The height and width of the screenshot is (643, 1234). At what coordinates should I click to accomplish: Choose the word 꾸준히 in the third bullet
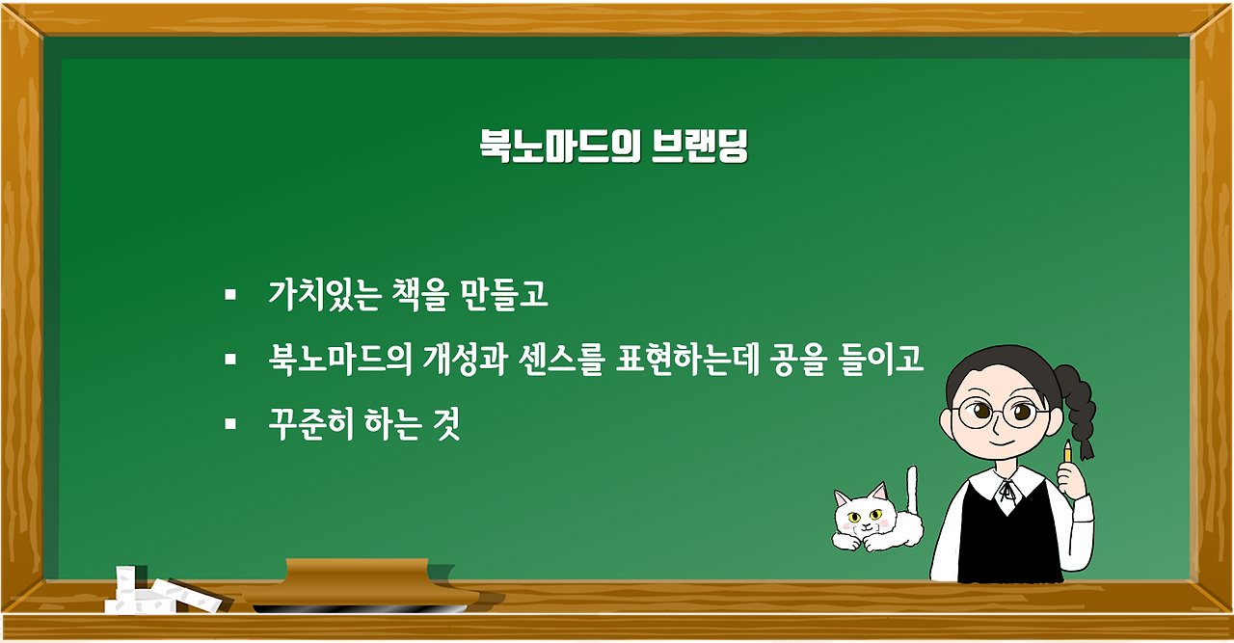point(311,425)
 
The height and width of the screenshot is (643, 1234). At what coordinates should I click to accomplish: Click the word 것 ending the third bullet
point(447,425)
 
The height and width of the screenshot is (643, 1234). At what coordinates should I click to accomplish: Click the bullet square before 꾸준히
point(229,424)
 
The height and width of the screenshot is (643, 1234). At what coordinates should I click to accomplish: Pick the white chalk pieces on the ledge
point(145,592)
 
